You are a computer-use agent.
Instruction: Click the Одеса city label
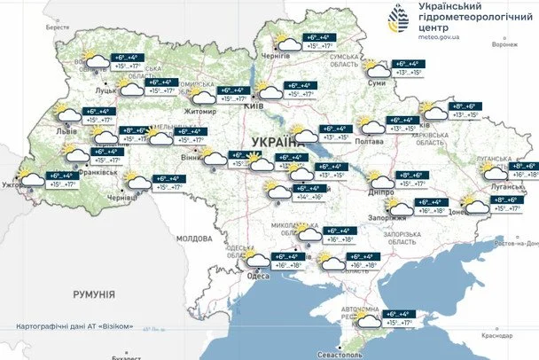[258, 276]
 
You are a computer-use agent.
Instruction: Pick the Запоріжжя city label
[387, 217]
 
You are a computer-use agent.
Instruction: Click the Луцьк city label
[107, 90]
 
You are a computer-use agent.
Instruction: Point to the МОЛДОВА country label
[194, 239]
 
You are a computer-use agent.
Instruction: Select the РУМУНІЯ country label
[94, 293]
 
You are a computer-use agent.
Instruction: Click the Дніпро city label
[382, 190]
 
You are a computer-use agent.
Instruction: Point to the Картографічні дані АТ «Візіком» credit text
[75, 326]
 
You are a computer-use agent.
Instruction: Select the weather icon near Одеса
[258, 260]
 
